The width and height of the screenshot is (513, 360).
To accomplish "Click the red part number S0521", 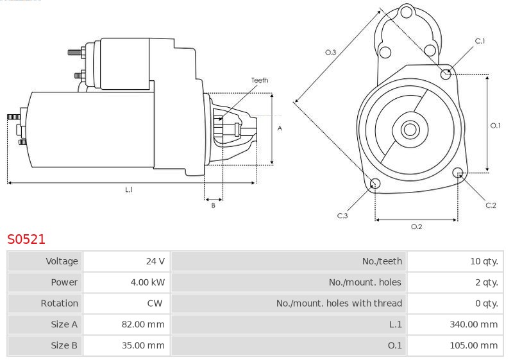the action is (x=26, y=239).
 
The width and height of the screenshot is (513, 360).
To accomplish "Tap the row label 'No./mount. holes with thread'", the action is (x=339, y=304).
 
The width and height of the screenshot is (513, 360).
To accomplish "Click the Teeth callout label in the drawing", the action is (x=260, y=80).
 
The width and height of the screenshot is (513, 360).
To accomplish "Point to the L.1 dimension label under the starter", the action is (x=130, y=189).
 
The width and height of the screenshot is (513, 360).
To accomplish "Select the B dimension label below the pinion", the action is (x=214, y=205).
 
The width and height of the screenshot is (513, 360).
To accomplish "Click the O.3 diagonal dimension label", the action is (x=330, y=53).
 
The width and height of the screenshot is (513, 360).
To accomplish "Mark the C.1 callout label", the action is (x=480, y=41).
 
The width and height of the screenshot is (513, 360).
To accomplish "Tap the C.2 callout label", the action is (x=491, y=205).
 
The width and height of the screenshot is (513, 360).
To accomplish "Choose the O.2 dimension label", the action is (x=416, y=227).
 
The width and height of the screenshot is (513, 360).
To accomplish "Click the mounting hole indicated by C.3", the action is (x=375, y=184).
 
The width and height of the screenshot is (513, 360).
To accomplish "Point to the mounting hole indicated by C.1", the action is (x=446, y=74).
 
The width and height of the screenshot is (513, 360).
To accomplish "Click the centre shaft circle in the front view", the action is (x=410, y=129).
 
